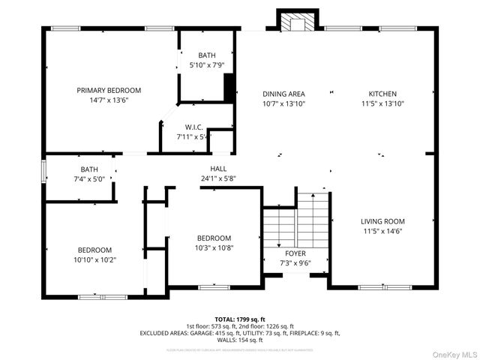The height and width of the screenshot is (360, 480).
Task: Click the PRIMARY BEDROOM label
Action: click(109, 90)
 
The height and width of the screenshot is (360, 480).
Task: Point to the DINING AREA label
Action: click(283, 94)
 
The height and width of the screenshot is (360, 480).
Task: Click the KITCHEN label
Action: click(382, 94)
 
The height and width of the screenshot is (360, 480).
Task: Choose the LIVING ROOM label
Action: click(382, 221)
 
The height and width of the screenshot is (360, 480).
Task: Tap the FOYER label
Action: click(285, 253)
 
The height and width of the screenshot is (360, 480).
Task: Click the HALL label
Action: click(218, 169)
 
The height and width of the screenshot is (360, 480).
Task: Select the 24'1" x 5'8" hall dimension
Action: click(218, 178)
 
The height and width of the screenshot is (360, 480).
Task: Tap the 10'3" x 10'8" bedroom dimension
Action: click(214, 247)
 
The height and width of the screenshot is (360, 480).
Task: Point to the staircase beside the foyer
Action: click(296, 221)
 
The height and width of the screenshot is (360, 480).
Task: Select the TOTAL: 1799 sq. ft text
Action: click(240, 319)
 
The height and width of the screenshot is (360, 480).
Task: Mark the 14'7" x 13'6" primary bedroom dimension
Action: click(109, 100)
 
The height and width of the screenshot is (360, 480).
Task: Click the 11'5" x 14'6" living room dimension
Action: click(382, 231)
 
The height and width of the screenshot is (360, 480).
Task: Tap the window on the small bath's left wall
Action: click(43, 172)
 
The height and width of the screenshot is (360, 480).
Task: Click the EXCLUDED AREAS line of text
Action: click(240, 333)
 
